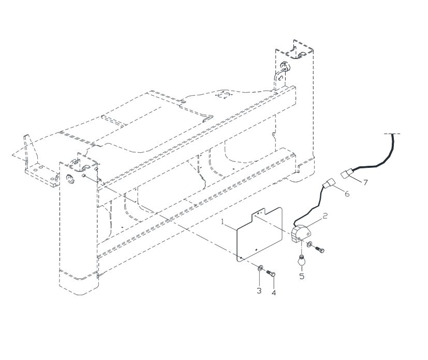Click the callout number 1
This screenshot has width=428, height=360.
point(223,222)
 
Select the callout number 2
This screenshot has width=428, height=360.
point(325,216)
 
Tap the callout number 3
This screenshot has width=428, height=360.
point(259,291)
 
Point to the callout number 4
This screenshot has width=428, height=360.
point(274,293)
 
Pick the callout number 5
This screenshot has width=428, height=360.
point(302,276)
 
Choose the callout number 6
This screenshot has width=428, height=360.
point(347,194)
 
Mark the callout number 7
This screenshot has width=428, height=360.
point(365,182)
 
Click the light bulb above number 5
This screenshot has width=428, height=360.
point(301,260)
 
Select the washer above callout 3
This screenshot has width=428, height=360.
point(260,267)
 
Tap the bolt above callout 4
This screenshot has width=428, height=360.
point(271,273)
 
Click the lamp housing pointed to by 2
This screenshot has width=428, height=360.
point(300,233)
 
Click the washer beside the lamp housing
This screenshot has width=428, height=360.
point(310,244)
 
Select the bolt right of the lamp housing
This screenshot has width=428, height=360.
point(320,249)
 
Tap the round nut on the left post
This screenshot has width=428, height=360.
point(70,179)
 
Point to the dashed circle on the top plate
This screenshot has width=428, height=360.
point(224,95)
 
